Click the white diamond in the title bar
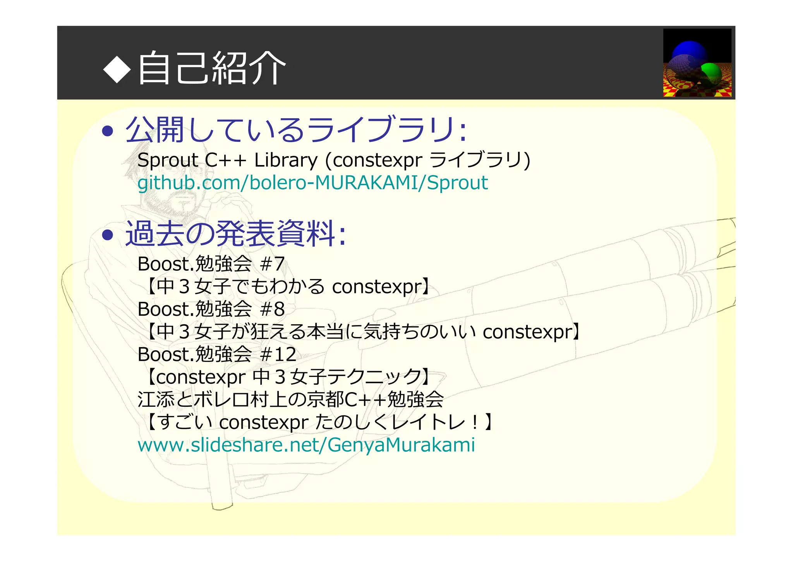tap(117, 69)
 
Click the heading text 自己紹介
tap(212, 68)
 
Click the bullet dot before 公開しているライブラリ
tap(107, 131)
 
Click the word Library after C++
tap(286, 160)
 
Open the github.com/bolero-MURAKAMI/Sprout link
tap(312, 183)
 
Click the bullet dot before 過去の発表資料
tap(107, 235)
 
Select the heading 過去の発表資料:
tap(235, 234)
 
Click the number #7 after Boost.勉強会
tap(273, 264)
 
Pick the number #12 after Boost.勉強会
tap(278, 354)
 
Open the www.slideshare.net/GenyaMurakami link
tap(306, 445)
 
